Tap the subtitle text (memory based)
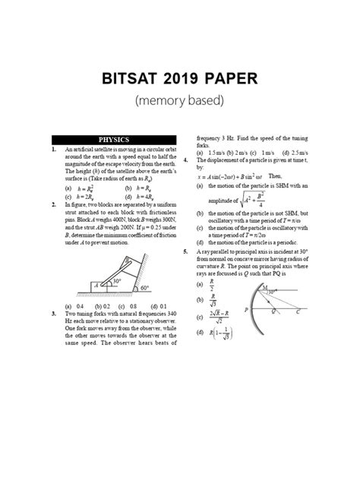(x=180, y=100)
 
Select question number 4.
(x=186, y=160)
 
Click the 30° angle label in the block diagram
(x=116, y=280)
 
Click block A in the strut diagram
(x=96, y=287)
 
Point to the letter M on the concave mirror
(x=264, y=290)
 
